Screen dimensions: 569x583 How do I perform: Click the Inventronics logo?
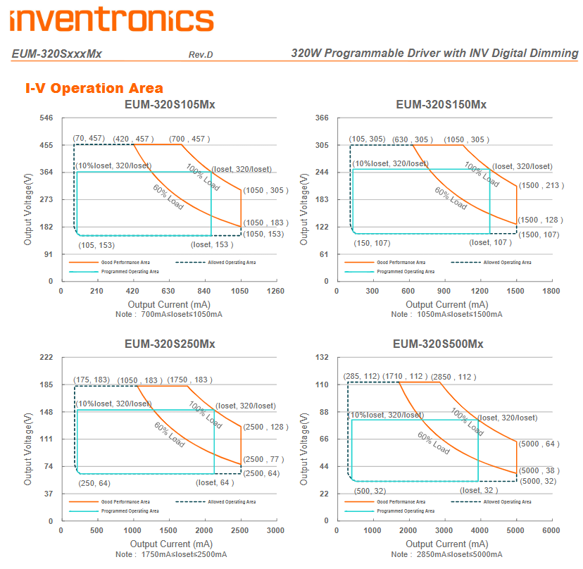click(x=112, y=19)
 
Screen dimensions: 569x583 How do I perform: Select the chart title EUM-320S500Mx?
click(x=438, y=344)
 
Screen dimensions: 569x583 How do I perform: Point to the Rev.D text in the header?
click(x=201, y=55)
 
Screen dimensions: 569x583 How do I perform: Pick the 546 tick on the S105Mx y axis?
click(x=46, y=118)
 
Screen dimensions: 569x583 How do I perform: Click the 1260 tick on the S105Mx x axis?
click(x=276, y=291)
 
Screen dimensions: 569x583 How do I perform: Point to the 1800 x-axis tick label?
click(x=551, y=291)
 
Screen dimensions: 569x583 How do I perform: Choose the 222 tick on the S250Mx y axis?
click(x=46, y=358)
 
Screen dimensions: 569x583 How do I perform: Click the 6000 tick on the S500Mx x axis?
click(x=551, y=530)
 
